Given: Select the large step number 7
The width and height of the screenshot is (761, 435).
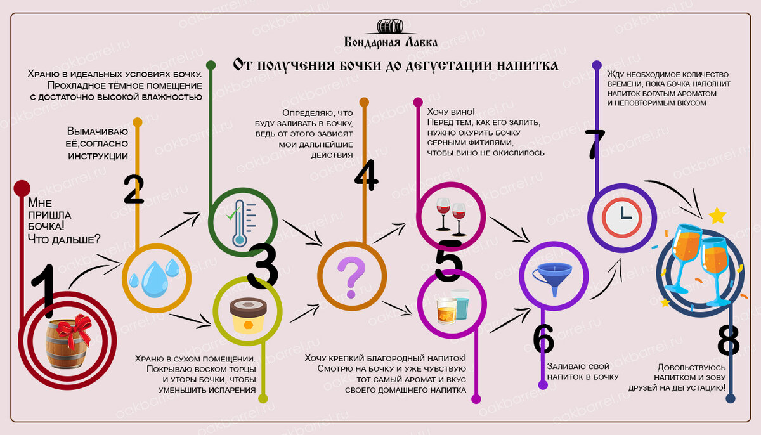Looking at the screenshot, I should point(595,145).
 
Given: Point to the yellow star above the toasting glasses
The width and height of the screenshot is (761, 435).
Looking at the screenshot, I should point(717,216).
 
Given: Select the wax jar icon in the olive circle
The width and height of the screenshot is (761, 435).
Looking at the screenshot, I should point(247,313).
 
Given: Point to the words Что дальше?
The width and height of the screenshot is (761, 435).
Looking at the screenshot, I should point(63,239).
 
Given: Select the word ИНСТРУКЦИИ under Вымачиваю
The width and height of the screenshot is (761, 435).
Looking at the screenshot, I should point(98,156).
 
